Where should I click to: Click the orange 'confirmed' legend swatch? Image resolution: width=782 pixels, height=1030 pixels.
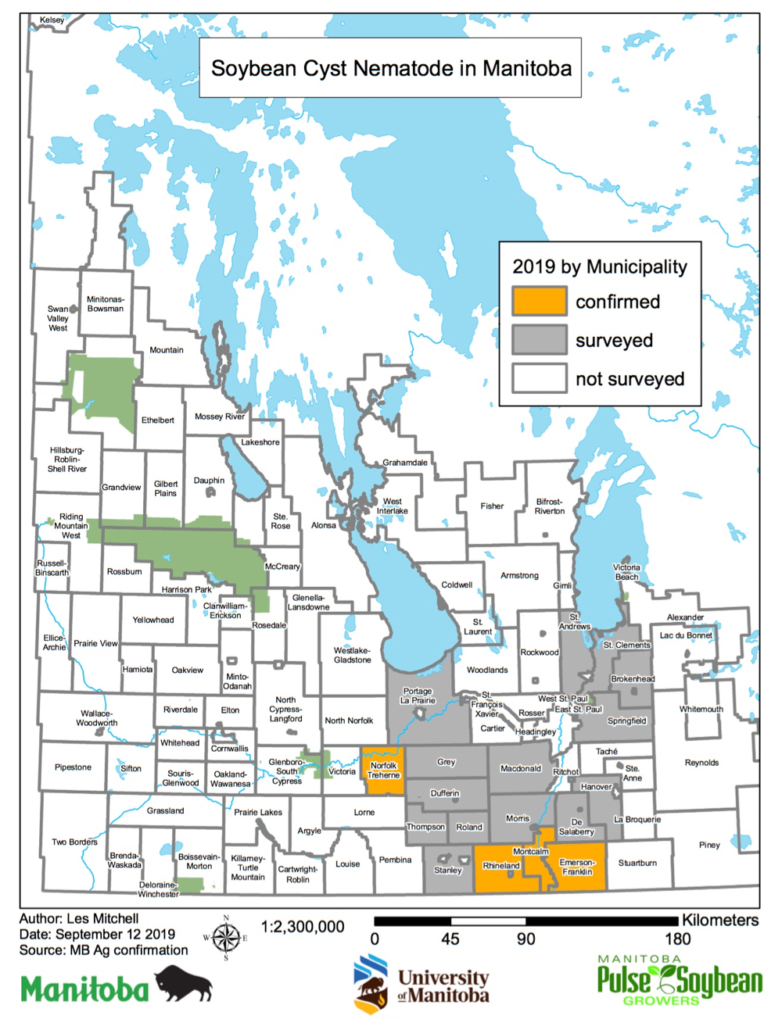539,301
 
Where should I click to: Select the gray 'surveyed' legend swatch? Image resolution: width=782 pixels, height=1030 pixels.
539,340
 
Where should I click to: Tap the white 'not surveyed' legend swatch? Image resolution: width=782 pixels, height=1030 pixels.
539,378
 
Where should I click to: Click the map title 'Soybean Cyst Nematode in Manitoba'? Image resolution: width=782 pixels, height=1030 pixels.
391,69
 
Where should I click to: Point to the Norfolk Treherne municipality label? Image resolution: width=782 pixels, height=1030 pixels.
383,771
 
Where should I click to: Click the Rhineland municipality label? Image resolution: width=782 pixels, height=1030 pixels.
501,866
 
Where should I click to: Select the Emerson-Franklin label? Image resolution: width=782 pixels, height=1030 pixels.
577,867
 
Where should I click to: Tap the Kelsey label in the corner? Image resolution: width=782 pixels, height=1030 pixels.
52,20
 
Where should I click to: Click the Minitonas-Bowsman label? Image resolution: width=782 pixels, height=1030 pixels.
106,304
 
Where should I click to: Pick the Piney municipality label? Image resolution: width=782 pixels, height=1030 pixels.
709,845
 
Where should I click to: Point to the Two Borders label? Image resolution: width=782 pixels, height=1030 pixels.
74,842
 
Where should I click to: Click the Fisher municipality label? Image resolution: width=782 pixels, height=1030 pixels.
492,506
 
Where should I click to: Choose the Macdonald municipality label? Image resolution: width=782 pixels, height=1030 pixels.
521,769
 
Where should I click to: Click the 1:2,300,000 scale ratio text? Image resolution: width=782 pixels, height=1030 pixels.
303,927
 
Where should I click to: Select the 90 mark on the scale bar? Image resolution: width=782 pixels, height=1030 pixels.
526,939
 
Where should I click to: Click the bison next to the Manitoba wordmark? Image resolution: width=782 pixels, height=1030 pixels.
184,983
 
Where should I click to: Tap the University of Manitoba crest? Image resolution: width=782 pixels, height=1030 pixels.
371,984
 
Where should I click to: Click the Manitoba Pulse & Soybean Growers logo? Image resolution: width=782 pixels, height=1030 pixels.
679,980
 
